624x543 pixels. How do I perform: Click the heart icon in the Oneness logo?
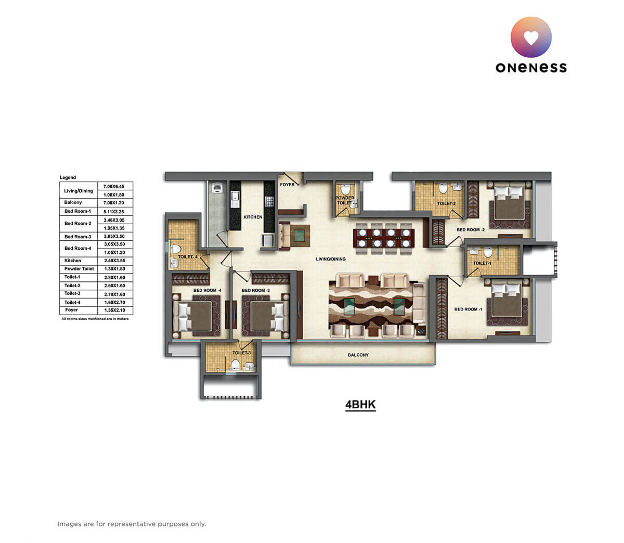531,37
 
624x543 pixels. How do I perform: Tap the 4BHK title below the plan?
360,405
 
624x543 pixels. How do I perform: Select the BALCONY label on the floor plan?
358,355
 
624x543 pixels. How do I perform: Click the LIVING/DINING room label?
331,259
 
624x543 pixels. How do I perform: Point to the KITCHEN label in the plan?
253,217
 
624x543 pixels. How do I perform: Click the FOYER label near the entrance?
287,185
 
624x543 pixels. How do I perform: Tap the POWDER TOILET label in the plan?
344,200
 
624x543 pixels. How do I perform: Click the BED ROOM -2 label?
471,229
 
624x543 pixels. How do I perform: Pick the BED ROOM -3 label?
256,290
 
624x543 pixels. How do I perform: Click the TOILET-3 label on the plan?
241,353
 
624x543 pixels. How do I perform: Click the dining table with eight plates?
384,238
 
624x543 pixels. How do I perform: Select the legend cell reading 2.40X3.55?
114,261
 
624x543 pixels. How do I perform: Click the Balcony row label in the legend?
73,202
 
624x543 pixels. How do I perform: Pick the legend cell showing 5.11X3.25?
114,211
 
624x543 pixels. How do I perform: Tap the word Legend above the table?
68,177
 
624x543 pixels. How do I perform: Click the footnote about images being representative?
132,524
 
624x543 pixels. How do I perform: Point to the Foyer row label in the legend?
71,310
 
